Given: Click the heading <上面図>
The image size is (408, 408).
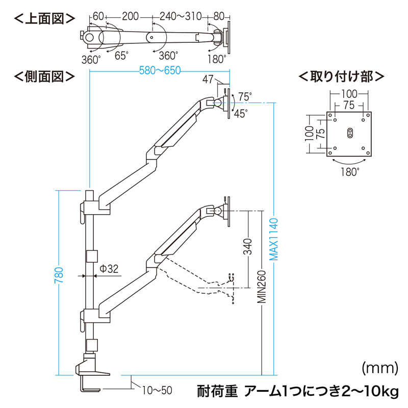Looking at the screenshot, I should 44,19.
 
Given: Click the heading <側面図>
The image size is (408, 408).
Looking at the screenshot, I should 44,77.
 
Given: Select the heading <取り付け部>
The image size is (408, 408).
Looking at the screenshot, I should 341,77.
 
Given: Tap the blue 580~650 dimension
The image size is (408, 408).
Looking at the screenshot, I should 160,71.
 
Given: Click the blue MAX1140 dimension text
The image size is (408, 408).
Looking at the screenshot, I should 274,240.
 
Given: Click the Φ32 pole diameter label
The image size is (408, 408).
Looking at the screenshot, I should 109,268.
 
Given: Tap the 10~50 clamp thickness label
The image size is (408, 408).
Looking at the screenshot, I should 157,391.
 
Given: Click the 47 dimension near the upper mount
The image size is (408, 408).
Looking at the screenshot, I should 207,79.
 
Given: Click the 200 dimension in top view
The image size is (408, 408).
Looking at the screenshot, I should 131,16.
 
